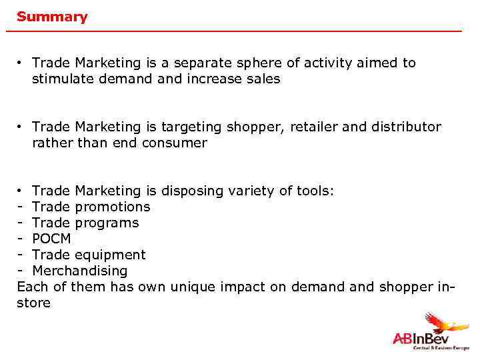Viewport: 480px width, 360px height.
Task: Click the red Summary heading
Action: point(52,17)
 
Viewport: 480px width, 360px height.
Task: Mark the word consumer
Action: point(175,143)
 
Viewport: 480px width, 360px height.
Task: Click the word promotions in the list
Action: point(113,207)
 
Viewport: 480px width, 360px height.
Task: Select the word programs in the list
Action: point(108,223)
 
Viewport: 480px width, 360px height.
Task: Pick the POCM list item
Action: point(51,239)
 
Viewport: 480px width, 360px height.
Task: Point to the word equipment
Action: point(111,255)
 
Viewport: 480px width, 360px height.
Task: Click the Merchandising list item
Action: point(79,271)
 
